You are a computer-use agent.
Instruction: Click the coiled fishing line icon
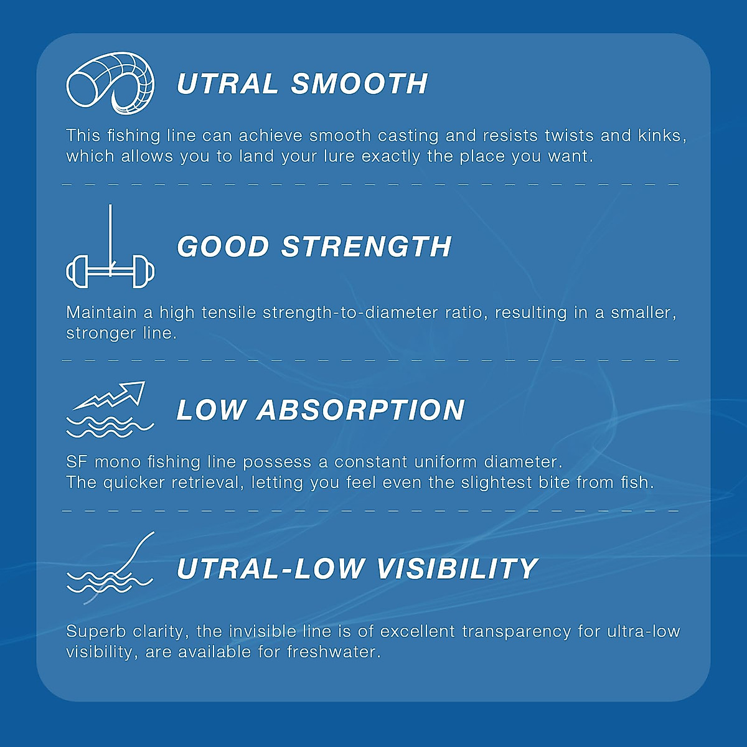pos(110,83)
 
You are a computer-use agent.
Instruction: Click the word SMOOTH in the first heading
pos(359,84)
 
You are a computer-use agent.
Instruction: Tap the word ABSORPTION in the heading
pos(361,410)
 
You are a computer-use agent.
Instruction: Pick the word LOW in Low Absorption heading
pos(211,410)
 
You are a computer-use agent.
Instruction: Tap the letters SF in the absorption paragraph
pos(77,462)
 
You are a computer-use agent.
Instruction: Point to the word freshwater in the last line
pos(333,652)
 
